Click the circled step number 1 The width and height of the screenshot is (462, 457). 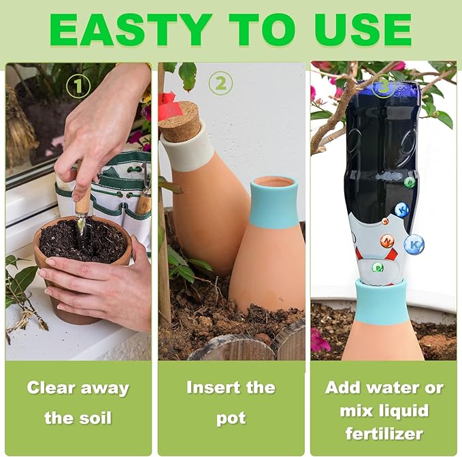79,86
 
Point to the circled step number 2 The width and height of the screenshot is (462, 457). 220,84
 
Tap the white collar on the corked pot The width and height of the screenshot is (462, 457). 187,155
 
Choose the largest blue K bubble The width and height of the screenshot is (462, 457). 414,244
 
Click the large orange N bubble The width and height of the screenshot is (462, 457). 387,241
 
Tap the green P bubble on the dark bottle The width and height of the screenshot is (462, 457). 410,182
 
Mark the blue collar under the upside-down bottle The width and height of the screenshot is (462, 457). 382,302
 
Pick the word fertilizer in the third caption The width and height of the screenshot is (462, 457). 384,433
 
